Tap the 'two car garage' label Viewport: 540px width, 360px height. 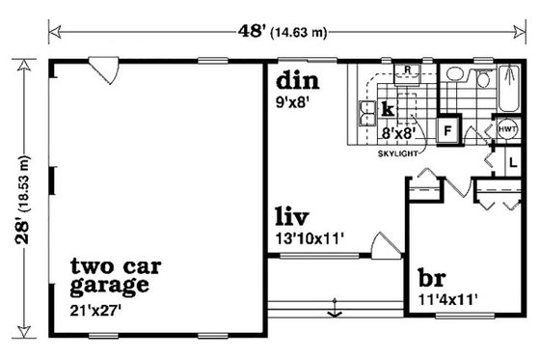point(110,275)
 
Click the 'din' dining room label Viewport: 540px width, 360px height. point(295,78)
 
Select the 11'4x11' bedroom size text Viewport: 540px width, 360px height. point(447,298)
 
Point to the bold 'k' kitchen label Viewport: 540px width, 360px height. point(388,107)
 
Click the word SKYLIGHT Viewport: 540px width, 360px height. point(395,152)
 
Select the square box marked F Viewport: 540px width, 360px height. point(447,129)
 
